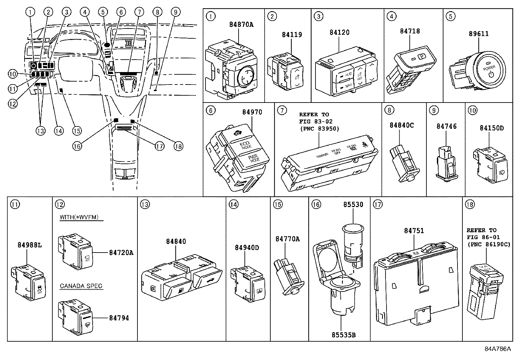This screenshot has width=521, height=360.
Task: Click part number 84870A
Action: pyautogui.click(x=241, y=25)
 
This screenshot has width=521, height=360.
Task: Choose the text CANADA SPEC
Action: pyautogui.click(x=81, y=286)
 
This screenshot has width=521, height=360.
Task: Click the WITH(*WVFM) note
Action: pyautogui.click(x=79, y=217)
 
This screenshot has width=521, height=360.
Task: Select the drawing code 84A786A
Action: pyautogui.click(x=497, y=349)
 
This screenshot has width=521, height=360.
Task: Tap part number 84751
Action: pyautogui.click(x=414, y=231)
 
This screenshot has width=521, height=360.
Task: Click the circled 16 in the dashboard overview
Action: pyautogui.click(x=77, y=146)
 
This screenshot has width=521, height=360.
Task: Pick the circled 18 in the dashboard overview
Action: pyautogui.click(x=178, y=146)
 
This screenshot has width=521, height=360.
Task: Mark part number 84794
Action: pyautogui.click(x=119, y=318)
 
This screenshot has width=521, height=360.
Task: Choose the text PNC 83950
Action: pyautogui.click(x=319, y=128)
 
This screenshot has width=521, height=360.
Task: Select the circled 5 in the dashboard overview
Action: pyautogui.click(x=103, y=12)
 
